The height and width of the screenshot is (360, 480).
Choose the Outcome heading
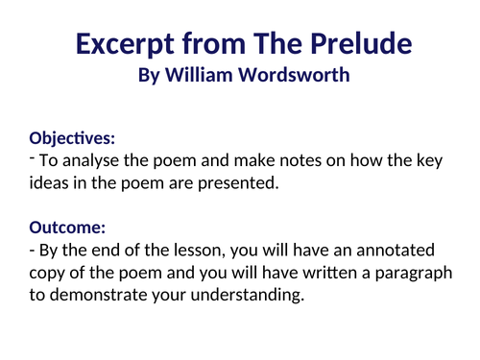pos(67,228)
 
